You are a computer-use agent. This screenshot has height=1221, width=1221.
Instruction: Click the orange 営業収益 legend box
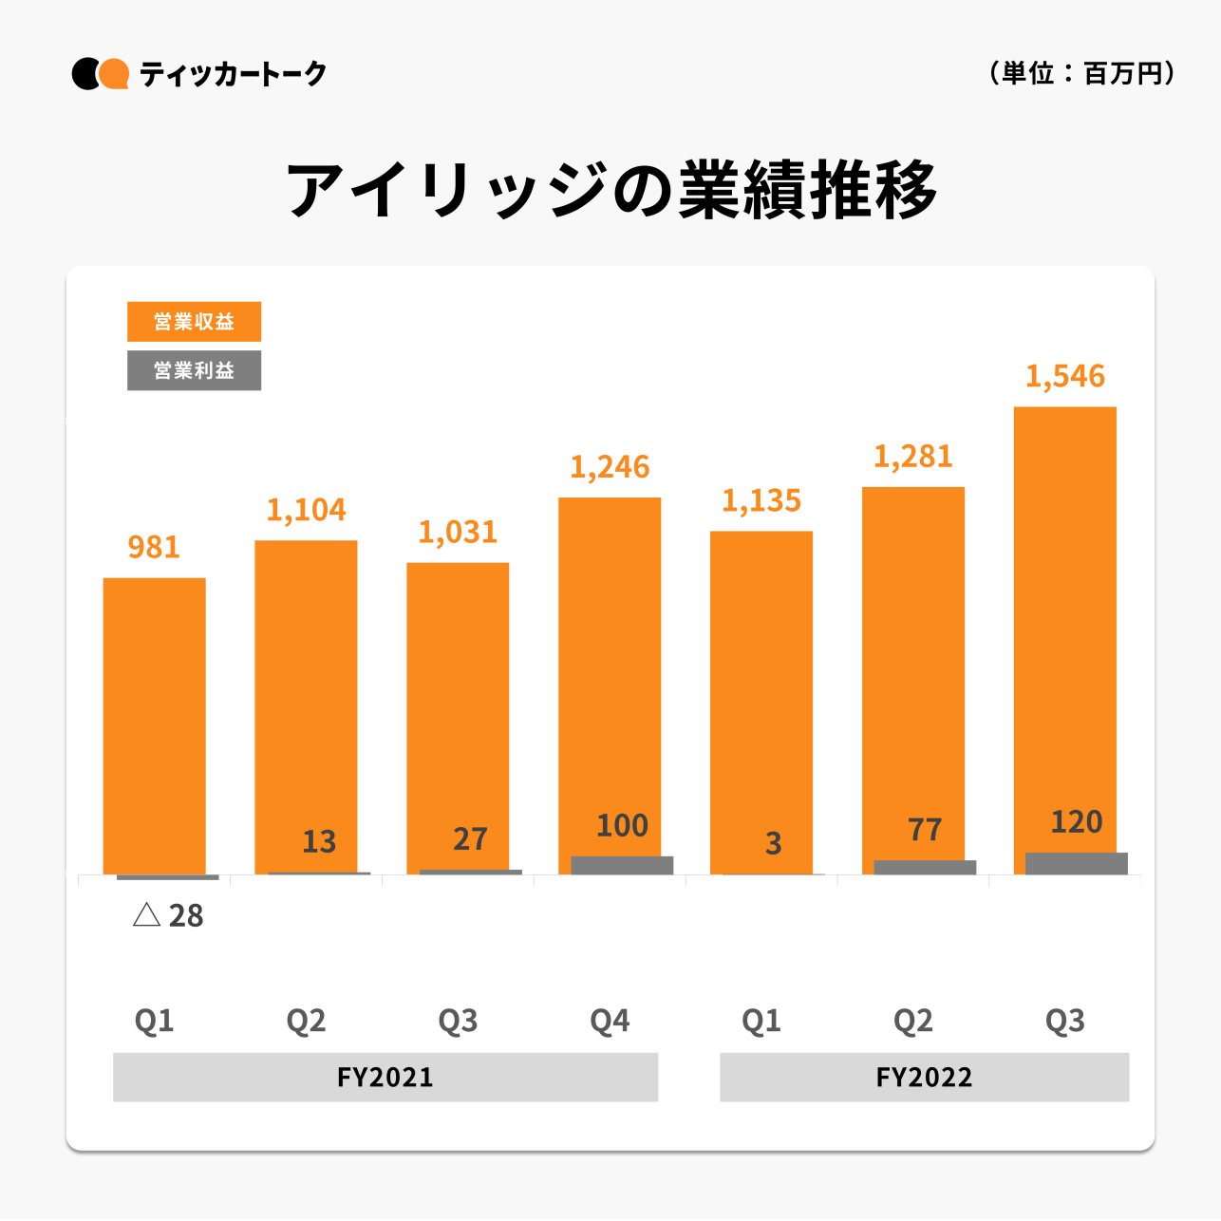194,322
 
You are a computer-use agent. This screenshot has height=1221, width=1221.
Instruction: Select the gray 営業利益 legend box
194,370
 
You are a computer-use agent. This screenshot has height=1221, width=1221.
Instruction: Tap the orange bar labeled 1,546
1064,627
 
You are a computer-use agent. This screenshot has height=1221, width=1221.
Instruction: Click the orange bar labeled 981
154,722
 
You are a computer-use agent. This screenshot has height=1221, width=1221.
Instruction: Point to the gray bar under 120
1077,863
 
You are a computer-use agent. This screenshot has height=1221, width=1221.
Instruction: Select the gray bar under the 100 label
622,865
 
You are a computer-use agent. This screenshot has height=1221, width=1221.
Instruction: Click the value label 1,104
306,511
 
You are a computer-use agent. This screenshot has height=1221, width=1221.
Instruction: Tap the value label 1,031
458,533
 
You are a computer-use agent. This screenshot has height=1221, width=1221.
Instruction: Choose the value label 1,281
912,458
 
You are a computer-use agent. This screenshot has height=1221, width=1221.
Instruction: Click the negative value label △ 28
168,915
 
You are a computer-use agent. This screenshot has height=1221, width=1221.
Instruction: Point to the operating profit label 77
925,830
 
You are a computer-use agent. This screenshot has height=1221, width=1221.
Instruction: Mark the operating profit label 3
773,843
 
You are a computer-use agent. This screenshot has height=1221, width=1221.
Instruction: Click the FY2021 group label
385,1077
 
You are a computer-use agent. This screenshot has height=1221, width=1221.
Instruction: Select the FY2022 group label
924,1077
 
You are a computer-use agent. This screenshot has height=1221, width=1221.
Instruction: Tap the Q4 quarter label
610,1021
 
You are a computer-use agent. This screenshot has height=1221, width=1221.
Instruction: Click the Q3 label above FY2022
1064,1021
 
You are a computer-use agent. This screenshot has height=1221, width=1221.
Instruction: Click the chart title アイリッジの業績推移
611,190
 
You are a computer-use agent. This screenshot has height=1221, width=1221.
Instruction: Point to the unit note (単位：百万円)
1081,73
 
